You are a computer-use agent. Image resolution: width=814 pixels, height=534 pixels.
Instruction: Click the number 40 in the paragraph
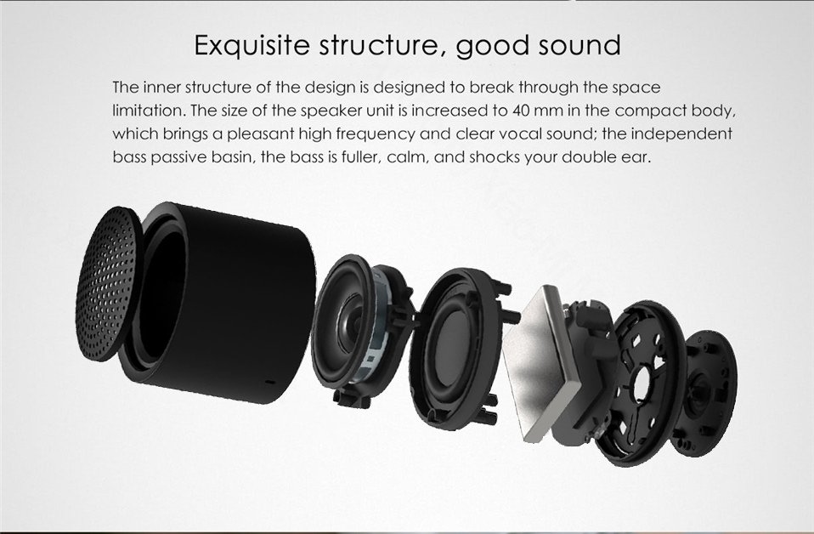tap(521, 111)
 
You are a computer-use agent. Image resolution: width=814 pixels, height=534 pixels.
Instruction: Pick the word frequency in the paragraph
tap(376, 134)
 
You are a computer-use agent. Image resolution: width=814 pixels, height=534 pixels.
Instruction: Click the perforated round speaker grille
tap(108, 284)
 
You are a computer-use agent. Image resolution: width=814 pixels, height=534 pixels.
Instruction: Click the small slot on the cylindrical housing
tap(271, 382)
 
